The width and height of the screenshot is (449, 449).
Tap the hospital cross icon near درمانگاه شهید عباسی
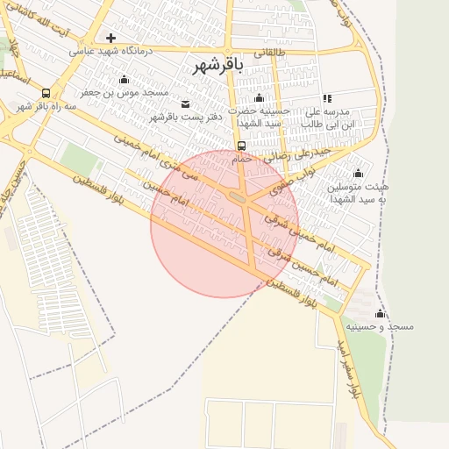110,38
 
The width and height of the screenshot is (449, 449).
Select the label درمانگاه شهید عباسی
111,52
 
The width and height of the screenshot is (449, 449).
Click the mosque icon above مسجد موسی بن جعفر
124,80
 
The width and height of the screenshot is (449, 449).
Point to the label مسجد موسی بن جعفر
125,92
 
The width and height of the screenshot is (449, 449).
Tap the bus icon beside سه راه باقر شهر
45,93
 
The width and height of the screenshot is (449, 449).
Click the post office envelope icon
184,104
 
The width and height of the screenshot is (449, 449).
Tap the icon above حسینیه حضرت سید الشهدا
259,97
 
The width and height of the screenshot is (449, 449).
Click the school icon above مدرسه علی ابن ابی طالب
328,99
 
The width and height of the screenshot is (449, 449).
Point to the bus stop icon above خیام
241,146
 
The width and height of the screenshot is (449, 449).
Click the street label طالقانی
270,52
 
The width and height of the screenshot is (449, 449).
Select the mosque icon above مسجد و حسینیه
380,313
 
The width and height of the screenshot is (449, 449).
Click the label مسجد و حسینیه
379,326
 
